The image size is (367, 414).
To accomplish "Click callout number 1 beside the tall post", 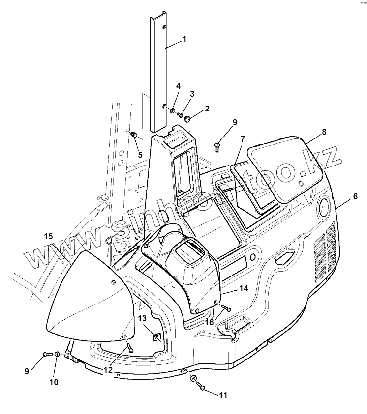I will tap(184, 39).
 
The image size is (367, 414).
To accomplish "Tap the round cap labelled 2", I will tap(188, 118).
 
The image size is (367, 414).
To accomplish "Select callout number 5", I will tap(140, 155).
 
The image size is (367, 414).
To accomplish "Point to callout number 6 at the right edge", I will tap(354, 196).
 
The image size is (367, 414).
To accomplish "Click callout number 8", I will tap(324, 132).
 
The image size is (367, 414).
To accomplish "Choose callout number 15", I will tap(48, 236).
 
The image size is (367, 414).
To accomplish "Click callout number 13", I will tap(142, 318).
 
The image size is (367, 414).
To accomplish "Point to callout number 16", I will tap(209, 322).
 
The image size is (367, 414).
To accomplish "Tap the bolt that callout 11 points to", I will tap(202, 387).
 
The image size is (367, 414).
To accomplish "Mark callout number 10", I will tap(54, 382).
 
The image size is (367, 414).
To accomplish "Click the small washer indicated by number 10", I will tap(57, 354).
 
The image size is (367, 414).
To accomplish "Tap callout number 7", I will tap(243, 139).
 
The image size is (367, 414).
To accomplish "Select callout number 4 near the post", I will tap(178, 86).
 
